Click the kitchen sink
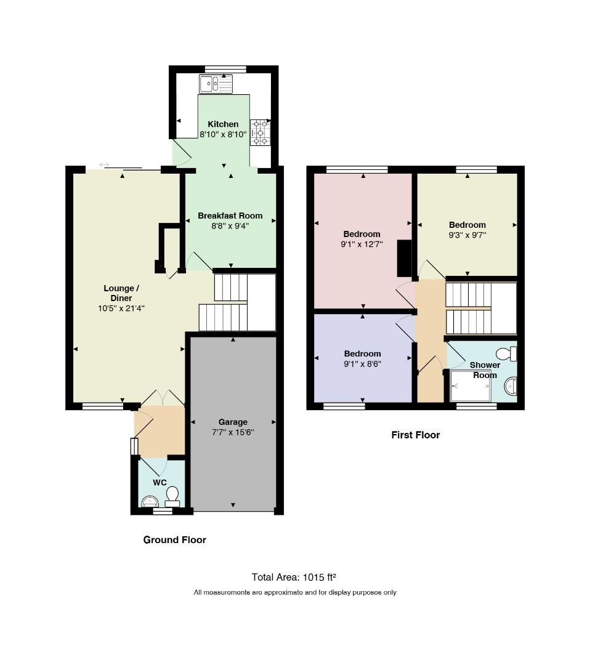216,84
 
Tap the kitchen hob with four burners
260,133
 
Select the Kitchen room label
223,124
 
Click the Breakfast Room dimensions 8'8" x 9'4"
230,226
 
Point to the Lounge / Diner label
121,293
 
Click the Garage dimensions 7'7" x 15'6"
233,433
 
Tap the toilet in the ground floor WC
172,497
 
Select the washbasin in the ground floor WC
150,502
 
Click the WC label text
160,483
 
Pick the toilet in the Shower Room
506,353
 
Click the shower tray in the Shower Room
470,385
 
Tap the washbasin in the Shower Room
511,386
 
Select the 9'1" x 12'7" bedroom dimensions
362,244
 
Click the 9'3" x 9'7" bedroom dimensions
467,235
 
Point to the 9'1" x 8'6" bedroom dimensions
362,364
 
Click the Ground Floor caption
175,540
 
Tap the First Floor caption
416,435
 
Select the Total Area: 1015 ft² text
294,577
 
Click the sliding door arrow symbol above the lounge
104,164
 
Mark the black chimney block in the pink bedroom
404,258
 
